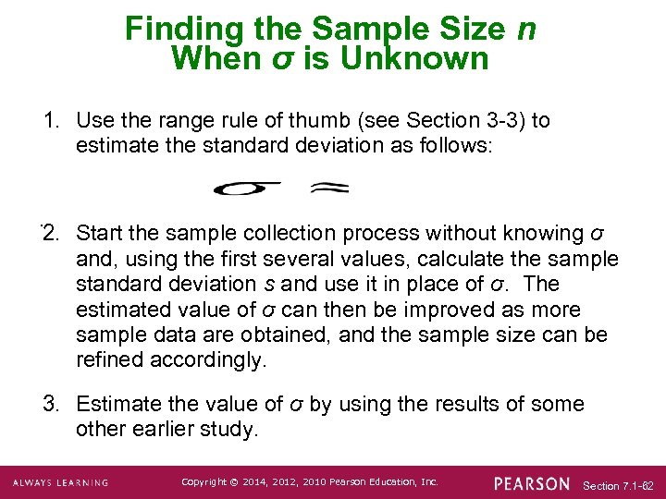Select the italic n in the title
(525, 29)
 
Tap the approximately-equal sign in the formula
(329, 188)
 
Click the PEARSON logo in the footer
(532, 482)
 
